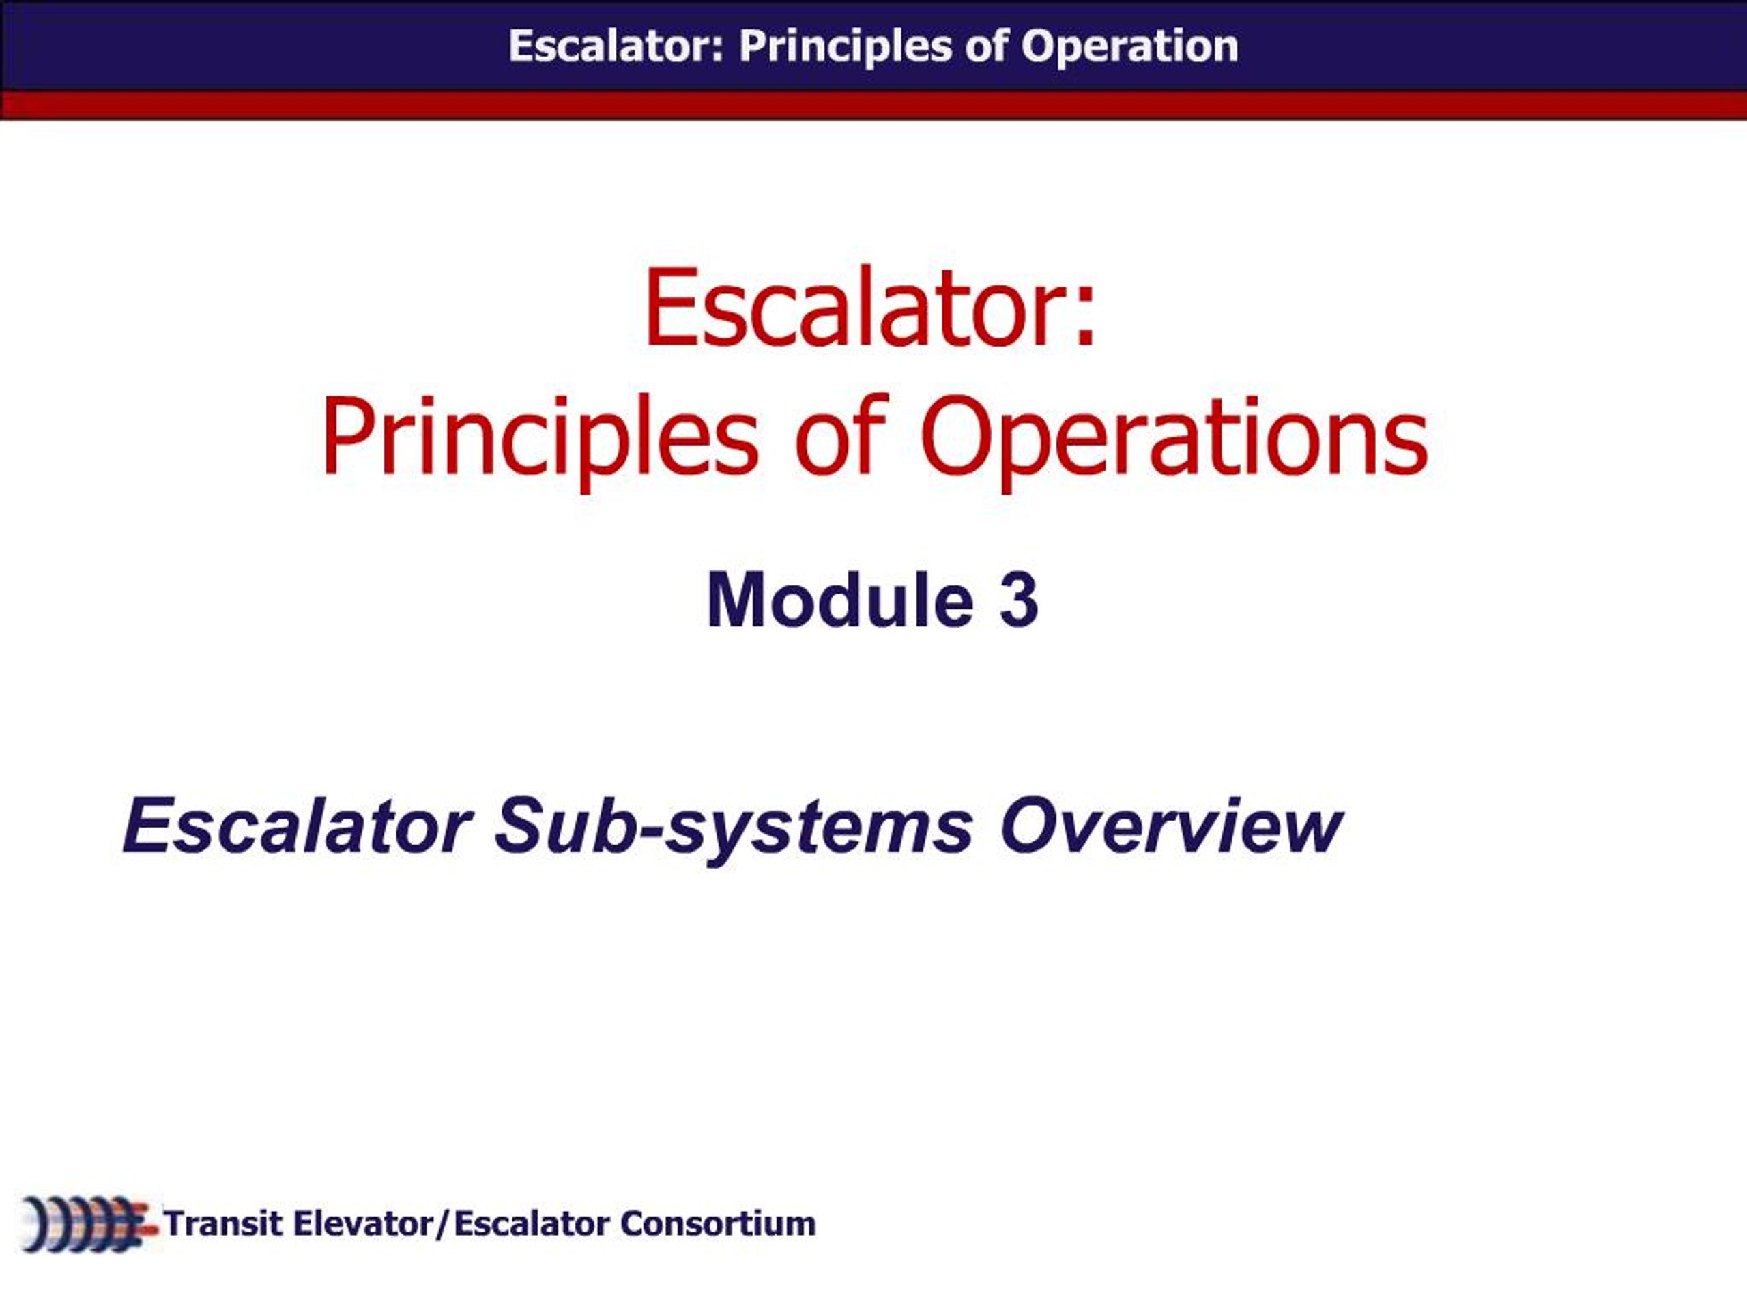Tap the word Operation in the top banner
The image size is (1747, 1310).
pos(1129,46)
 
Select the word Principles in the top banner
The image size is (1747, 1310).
pos(844,46)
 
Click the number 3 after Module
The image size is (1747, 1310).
pos(1019,601)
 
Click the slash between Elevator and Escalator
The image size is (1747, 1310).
pos(443,1225)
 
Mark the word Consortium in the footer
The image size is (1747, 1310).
pos(718,1224)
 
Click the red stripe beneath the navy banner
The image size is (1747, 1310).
pos(873,105)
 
